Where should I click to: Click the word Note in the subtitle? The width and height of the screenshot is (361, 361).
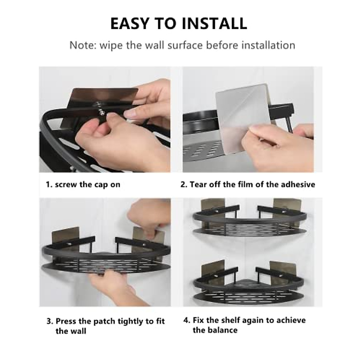(83, 45)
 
